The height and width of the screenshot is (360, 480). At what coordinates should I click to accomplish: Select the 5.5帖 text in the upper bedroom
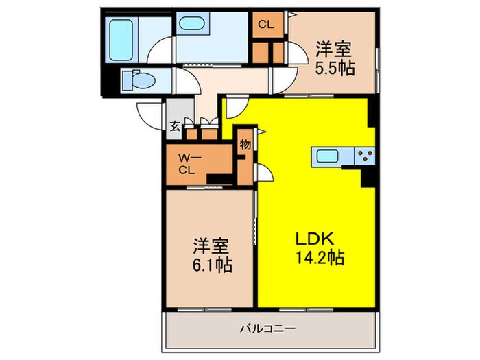coord(334,69)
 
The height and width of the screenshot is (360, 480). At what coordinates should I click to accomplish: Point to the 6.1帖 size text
coord(210,264)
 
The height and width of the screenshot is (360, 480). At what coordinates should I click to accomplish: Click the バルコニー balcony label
coord(267,328)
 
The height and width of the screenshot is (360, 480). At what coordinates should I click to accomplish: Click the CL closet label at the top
coord(265,25)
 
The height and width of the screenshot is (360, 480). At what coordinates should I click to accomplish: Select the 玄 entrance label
coord(175,125)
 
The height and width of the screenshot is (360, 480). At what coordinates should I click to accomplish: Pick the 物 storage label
coord(245,145)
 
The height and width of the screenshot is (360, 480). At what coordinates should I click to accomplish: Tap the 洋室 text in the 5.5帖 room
coord(334,49)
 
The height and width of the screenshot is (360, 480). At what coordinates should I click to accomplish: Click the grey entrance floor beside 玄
coord(177,111)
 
